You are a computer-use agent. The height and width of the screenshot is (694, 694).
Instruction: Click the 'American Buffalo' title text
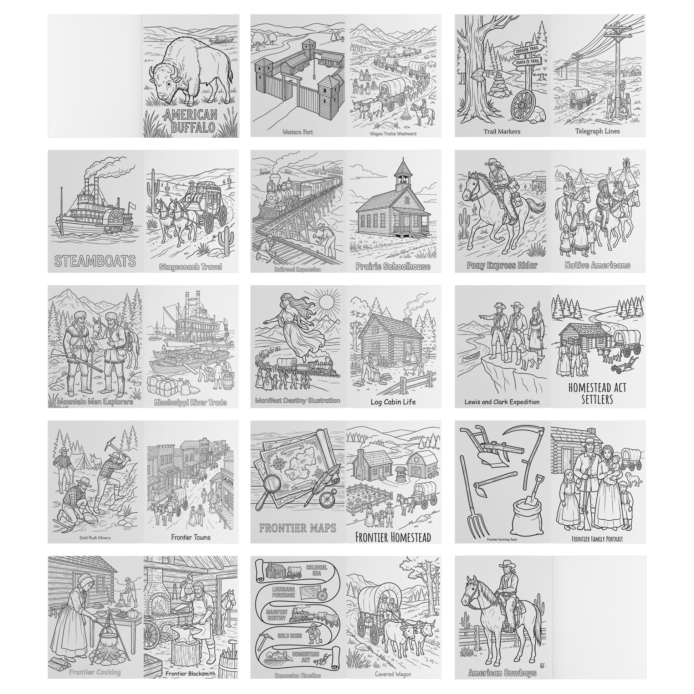tap(190, 121)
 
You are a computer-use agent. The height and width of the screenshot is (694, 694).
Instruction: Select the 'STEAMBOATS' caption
tap(95, 261)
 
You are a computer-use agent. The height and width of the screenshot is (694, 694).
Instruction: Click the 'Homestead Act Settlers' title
tap(597, 393)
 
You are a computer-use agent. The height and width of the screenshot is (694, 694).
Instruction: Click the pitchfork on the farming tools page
tap(474, 519)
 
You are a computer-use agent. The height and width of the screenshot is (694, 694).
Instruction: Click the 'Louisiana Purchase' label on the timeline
tap(284, 592)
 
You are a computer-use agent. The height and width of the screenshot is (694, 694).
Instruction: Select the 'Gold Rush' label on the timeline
tap(290, 636)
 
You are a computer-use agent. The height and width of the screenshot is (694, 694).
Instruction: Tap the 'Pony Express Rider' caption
tap(502, 265)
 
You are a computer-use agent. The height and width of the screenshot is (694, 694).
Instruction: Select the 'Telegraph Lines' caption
tap(597, 131)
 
